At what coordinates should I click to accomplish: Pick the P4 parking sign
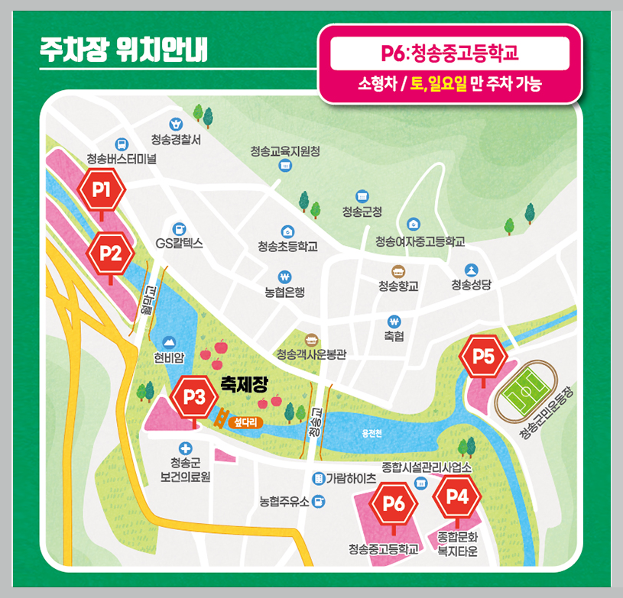pyautogui.click(x=456, y=496)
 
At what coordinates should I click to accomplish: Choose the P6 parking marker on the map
pyautogui.click(x=394, y=503)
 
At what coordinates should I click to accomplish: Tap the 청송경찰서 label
pyautogui.click(x=176, y=140)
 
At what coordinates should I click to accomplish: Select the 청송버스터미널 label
pyautogui.click(x=122, y=160)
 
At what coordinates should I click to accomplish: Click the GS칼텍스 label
pyautogui.click(x=179, y=244)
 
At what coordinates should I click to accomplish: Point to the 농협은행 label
pyautogui.click(x=285, y=292)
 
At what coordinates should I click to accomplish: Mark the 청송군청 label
pyautogui.click(x=362, y=212)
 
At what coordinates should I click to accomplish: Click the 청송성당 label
pyautogui.click(x=471, y=285)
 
